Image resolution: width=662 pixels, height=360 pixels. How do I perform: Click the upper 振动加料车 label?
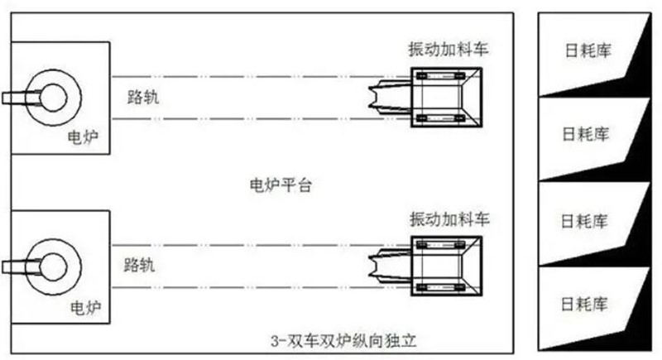click(x=448, y=50)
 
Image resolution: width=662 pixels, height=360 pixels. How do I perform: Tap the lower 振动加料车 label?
click(x=449, y=219)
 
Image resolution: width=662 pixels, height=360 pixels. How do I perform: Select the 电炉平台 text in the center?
click(x=281, y=185)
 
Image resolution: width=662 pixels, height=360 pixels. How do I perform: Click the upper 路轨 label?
click(x=143, y=97)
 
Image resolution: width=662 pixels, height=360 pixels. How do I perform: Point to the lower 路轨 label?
click(x=139, y=265)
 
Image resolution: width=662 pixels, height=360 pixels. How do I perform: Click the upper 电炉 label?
click(x=84, y=137)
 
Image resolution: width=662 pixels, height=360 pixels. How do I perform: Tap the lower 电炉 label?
click(x=86, y=308)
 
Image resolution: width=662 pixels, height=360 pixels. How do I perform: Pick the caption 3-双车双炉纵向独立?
click(x=343, y=341)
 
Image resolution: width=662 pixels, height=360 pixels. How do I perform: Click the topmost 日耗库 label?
click(x=588, y=50)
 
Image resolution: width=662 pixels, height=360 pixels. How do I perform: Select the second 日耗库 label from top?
click(x=586, y=134)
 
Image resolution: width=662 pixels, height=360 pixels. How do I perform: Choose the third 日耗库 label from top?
click(x=584, y=221)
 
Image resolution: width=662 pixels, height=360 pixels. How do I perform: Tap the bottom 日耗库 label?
click(x=584, y=304)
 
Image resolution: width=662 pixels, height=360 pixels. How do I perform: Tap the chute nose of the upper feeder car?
click(x=389, y=97)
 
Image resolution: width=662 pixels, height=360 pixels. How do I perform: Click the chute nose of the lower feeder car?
click(x=389, y=266)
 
